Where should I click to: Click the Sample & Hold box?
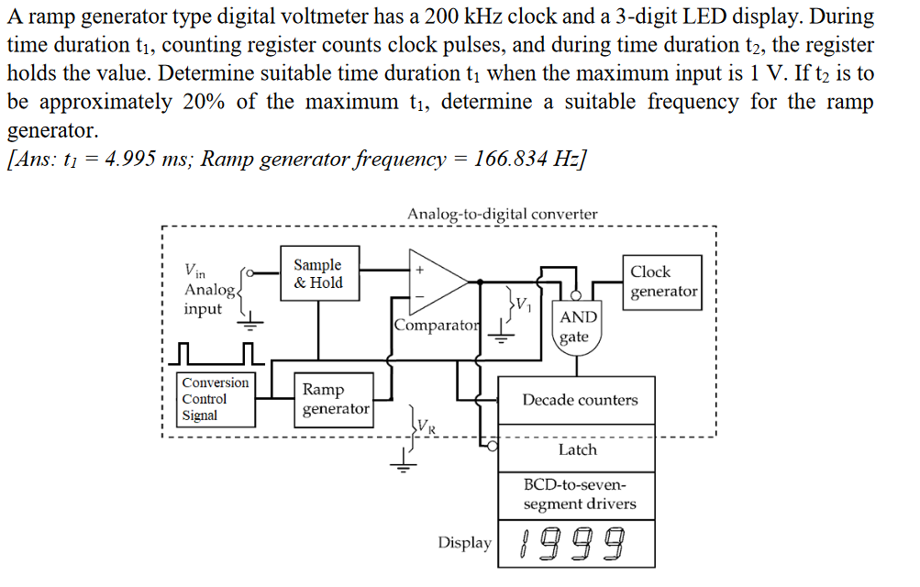coord(318,273)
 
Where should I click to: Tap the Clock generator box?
coord(662,282)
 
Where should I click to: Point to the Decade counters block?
coord(579,400)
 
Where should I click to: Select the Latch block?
coord(577,449)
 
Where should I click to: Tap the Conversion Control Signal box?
coord(215,399)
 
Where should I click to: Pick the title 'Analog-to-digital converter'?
coord(502,215)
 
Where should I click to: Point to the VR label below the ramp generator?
coord(427,427)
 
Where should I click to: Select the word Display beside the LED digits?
coord(464,543)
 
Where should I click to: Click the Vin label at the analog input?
coord(195,271)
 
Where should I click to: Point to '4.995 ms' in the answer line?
coord(136,159)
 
